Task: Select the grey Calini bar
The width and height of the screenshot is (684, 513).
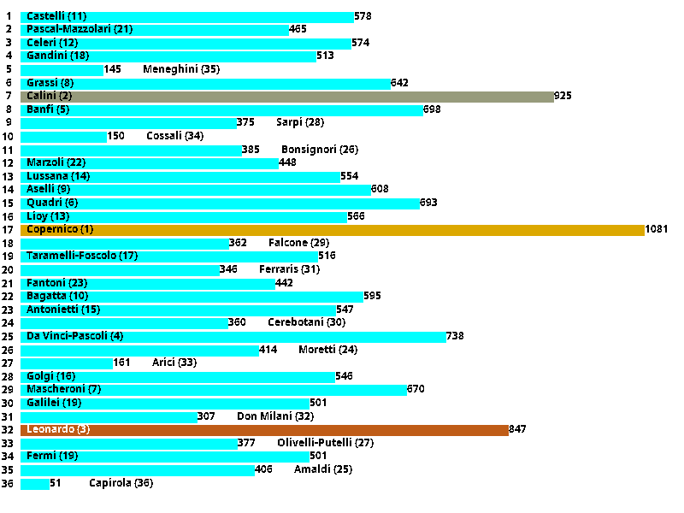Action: (286, 96)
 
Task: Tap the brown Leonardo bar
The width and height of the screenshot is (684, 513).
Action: (264, 429)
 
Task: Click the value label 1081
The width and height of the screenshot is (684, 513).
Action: (657, 229)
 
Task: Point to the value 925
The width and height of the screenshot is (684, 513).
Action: (563, 96)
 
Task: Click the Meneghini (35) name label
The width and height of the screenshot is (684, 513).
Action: (181, 69)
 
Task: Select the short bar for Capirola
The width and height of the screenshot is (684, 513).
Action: (34, 483)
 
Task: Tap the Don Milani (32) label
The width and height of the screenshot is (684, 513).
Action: (275, 416)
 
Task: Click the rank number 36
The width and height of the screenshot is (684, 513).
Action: (8, 483)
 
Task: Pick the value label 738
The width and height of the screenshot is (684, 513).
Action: (455, 336)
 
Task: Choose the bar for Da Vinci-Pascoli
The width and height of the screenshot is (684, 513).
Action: (233, 336)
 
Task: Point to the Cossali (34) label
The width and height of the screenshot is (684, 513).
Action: (174, 136)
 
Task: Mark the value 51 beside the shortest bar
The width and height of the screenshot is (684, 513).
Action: (56, 483)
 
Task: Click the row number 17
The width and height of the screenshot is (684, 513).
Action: (8, 229)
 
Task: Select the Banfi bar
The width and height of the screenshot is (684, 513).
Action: (221, 109)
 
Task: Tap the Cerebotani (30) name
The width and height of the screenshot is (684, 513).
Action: (306, 322)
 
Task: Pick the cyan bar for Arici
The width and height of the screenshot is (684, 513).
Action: (66, 363)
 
